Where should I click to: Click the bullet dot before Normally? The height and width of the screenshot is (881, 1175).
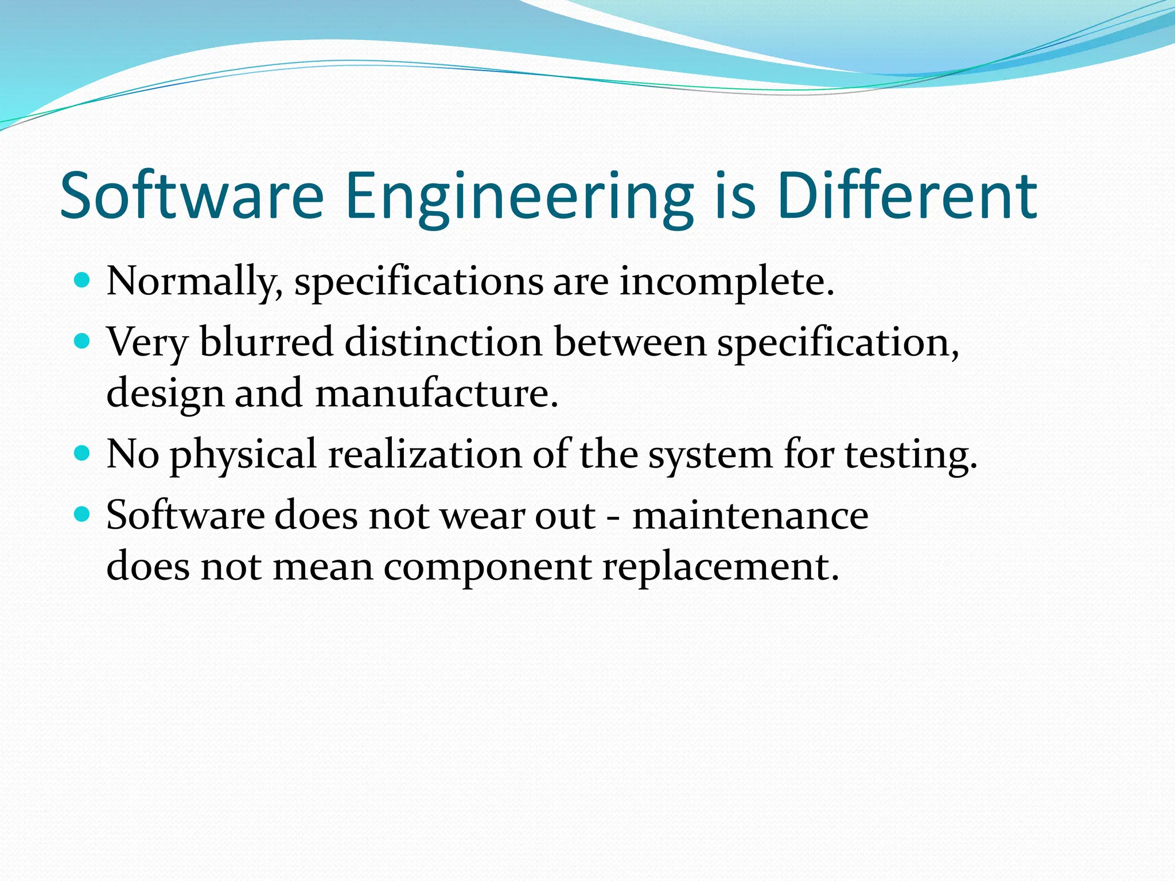point(83,281)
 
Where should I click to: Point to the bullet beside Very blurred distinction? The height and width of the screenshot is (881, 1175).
point(83,342)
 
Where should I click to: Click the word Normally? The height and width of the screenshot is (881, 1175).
point(194,282)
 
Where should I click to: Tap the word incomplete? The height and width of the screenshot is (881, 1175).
point(726,282)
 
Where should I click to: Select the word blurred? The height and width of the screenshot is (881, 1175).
point(266,342)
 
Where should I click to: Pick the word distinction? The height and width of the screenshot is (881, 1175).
point(443,342)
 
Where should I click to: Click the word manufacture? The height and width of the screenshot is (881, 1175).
point(437,393)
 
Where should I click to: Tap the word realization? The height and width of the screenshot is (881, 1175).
point(425,454)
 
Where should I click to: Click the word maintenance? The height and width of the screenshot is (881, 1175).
point(750,515)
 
